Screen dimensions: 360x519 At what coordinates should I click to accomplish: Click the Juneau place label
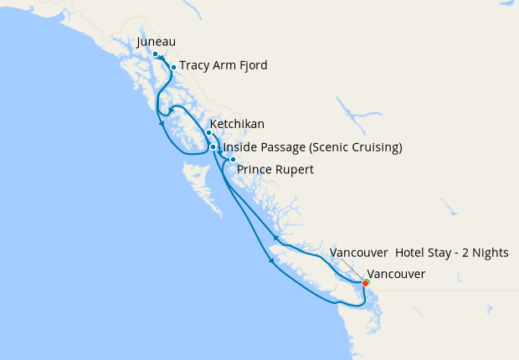pos(159,43)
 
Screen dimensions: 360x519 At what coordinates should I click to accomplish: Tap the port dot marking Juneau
pos(156,54)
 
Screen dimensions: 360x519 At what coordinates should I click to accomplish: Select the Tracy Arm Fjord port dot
pos(173,67)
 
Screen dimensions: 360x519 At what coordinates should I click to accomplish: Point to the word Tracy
pos(194,65)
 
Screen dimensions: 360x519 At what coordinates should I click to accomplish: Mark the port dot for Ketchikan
pos(208,132)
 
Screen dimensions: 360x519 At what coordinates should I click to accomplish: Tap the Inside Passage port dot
pos(213,147)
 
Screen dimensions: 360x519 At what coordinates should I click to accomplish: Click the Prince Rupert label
pos(275,170)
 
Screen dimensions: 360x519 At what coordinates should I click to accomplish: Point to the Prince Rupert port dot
pos(233,159)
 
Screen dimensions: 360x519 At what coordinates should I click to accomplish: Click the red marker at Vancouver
pos(366,282)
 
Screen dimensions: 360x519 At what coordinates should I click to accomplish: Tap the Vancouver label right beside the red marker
pos(397,274)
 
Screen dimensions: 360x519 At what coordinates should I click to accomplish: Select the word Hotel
pos(411,253)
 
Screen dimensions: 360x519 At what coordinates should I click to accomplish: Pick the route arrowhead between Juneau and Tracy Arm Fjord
pos(162,59)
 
